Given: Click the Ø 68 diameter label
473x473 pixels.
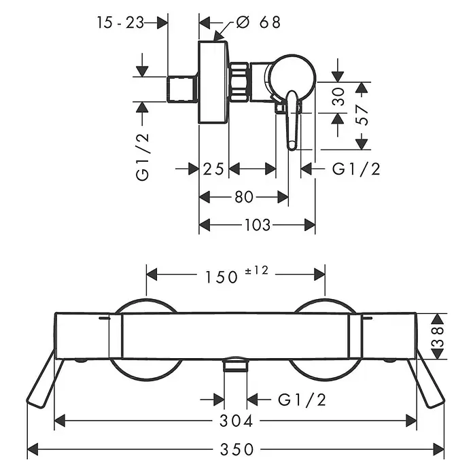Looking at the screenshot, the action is tap(258, 22).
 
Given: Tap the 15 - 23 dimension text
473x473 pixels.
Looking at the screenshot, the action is tap(120, 22).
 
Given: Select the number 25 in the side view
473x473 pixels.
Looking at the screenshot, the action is tap(213, 169).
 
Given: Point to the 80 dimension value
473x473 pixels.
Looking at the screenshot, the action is tap(244, 197).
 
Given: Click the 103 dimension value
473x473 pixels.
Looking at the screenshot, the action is tap(258, 225).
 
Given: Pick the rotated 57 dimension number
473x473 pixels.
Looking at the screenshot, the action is tap(362, 115).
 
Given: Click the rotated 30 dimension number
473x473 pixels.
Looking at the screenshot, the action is tap(338, 97).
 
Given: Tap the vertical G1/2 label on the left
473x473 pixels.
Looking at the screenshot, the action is tap(143, 157).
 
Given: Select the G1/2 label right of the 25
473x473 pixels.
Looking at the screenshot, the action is tap(356, 169).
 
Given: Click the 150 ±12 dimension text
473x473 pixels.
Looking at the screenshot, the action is tap(236, 275).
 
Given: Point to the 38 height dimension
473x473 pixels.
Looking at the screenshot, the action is tap(438, 336).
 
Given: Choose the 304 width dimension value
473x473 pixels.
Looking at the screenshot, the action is tap(236, 421).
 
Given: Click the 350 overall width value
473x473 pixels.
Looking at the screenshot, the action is tap(236, 449).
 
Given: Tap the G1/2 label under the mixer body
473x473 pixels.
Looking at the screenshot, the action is tap(302, 400).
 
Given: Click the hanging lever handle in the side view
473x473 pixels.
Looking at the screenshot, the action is tap(292, 120).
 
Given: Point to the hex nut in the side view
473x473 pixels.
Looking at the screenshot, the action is tap(239, 82).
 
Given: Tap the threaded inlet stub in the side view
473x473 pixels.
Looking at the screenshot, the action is tap(182, 89).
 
